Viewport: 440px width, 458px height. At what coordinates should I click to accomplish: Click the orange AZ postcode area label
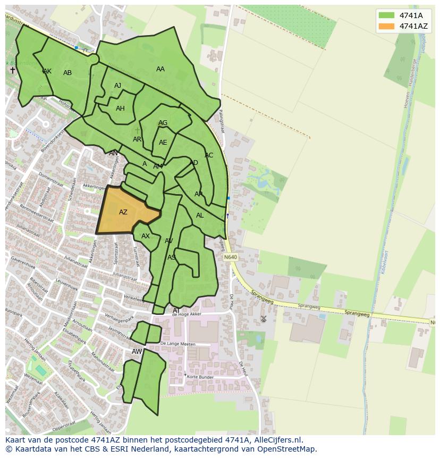[x=123, y=212]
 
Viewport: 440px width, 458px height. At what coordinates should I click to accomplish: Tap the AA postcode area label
[x=160, y=69]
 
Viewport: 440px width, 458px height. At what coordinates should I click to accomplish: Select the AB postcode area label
[x=67, y=73]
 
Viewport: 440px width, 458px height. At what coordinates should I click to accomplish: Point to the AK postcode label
[x=47, y=71]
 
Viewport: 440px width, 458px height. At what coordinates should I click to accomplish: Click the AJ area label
[x=117, y=86]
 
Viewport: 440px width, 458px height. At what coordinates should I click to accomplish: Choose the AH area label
[x=120, y=109]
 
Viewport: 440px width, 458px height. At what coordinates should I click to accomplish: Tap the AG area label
[x=163, y=123]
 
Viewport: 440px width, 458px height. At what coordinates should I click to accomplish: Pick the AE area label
[x=163, y=143]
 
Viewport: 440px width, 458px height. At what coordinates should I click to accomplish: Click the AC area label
[x=209, y=155]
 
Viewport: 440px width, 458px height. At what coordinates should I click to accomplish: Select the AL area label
[x=200, y=215]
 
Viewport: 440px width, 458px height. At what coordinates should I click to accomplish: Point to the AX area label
[x=146, y=236]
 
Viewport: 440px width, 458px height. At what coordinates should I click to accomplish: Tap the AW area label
[x=137, y=352]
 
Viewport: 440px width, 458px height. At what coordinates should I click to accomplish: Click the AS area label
[x=172, y=257]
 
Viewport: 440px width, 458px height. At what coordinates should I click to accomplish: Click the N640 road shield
[x=230, y=257]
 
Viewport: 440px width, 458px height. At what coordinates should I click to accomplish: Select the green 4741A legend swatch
[x=386, y=15]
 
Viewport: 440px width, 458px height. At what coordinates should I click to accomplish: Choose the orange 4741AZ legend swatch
[x=386, y=26]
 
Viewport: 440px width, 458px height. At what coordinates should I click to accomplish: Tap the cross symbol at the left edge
[x=13, y=70]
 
